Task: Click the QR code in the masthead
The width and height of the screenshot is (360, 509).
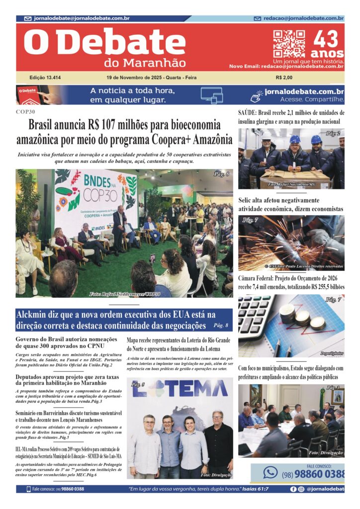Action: (x=289, y=44)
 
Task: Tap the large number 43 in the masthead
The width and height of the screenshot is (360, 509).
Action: (x=327, y=39)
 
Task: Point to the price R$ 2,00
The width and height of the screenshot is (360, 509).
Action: (x=284, y=78)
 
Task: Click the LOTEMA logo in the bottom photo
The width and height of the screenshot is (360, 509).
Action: (x=180, y=388)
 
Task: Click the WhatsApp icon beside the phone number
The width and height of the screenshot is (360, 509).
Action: (x=270, y=472)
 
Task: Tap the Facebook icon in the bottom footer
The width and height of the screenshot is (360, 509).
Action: (x=293, y=489)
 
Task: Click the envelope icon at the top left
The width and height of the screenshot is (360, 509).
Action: (x=28, y=18)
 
